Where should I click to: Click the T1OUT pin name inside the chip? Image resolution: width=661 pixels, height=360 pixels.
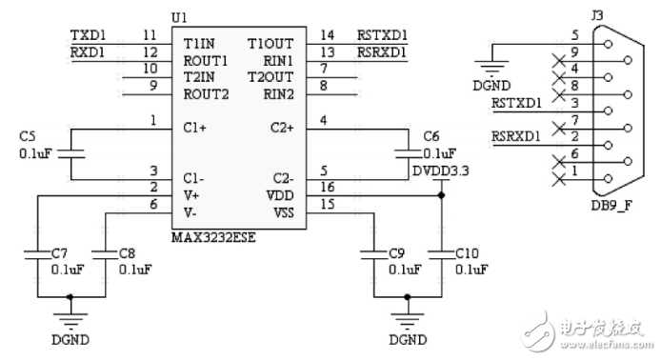(x=270, y=43)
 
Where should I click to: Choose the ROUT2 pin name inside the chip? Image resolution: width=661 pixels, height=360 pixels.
(x=207, y=93)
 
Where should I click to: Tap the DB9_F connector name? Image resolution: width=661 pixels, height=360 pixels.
(x=610, y=207)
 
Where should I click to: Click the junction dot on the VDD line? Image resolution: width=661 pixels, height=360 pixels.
(x=440, y=195)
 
